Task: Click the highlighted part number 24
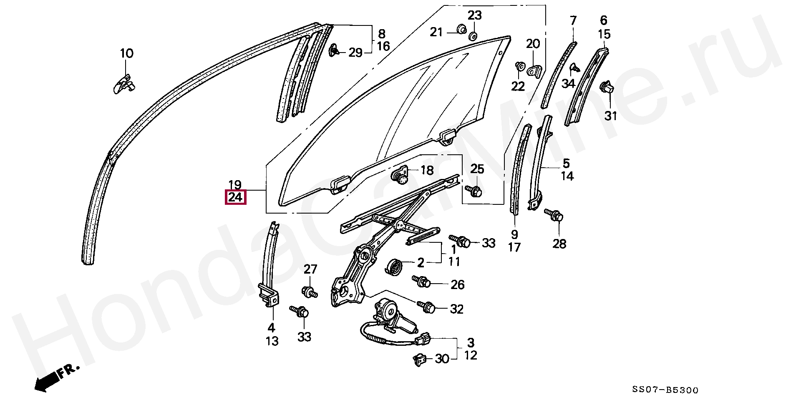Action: [235, 197]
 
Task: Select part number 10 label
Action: [126, 53]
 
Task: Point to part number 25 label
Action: [477, 169]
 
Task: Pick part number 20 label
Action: [533, 44]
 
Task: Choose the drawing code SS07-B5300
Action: [665, 390]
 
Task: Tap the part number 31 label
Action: [610, 116]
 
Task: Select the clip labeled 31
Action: [607, 88]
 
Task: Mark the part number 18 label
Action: [426, 170]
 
